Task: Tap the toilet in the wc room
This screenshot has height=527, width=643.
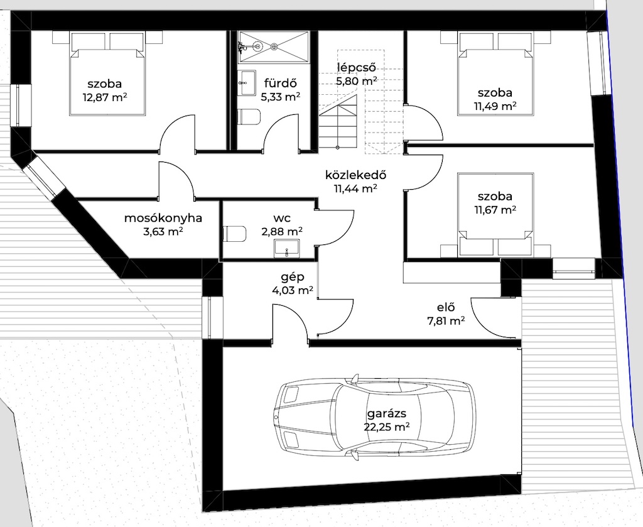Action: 235,234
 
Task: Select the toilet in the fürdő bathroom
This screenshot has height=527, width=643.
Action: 249,116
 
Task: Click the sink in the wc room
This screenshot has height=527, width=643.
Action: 286,249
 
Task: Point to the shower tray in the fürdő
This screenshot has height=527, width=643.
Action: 274,47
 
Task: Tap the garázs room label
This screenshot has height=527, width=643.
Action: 387,413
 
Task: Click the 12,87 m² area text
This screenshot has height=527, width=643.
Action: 105,97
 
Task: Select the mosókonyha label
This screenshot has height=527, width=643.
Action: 163,218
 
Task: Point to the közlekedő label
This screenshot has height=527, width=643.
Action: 355,175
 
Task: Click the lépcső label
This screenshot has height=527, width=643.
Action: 357,67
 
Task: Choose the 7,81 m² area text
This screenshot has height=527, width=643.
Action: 446,321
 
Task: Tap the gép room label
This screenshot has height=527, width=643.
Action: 293,278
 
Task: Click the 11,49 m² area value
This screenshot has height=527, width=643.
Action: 495,106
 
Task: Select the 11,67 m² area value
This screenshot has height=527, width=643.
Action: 495,210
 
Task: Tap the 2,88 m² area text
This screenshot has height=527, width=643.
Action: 282,231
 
